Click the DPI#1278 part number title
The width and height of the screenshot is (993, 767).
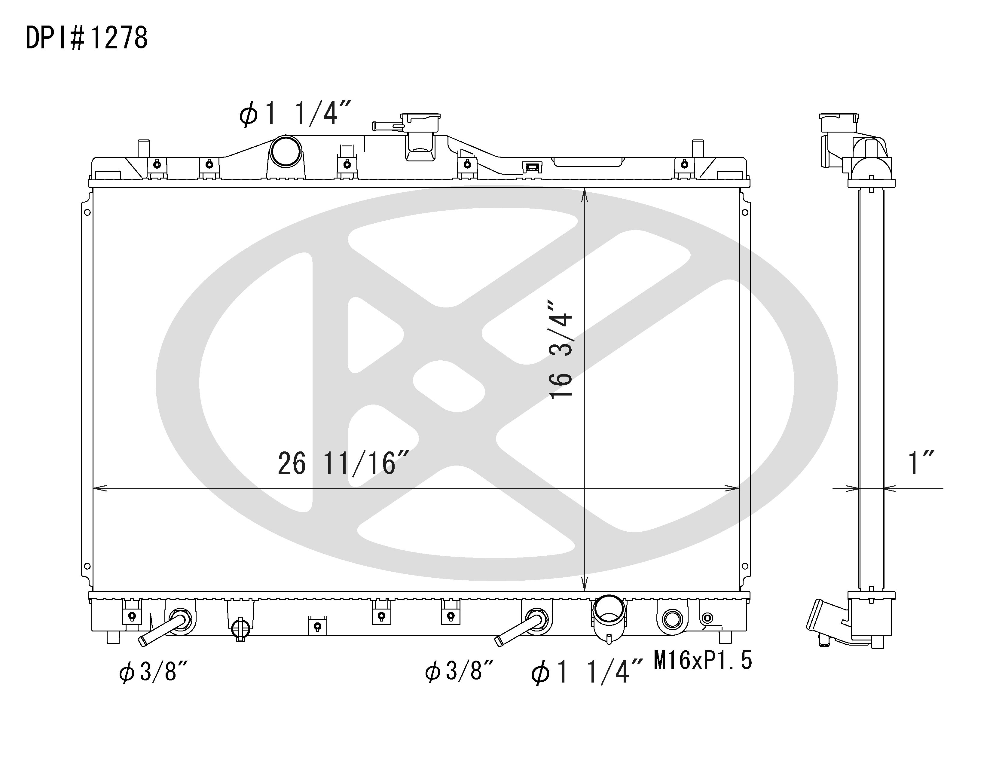(x=86, y=38)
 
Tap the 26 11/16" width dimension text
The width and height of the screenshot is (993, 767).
(x=343, y=463)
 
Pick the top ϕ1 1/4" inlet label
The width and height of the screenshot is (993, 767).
(x=295, y=113)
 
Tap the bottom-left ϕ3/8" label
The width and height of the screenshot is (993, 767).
(x=153, y=671)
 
